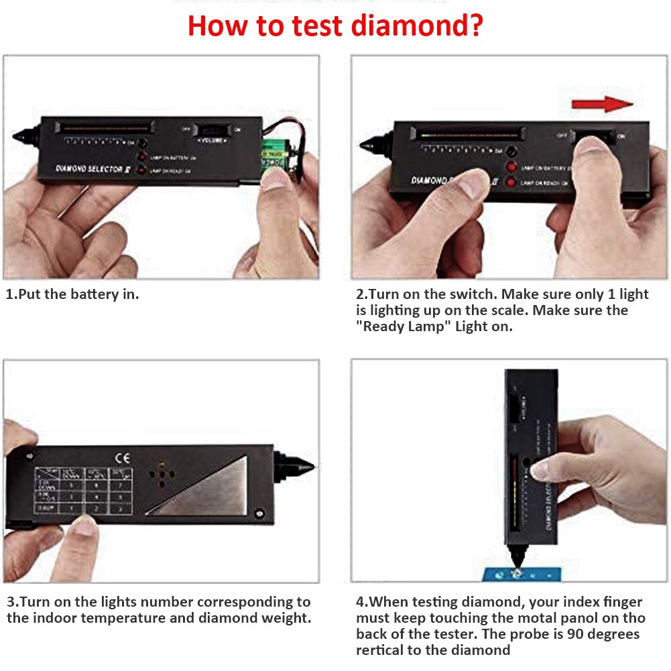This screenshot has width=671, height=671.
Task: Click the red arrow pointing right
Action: pyautogui.click(x=602, y=104)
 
